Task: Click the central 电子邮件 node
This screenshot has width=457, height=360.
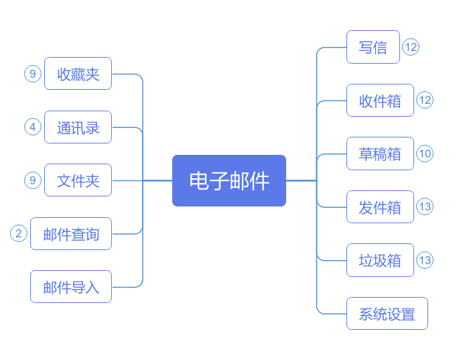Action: point(229,181)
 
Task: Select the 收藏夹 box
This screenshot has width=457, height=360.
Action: point(78,74)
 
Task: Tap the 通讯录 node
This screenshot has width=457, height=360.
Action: point(78,127)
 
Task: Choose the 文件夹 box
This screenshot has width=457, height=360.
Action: point(78,180)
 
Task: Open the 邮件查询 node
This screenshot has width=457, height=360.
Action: point(71,234)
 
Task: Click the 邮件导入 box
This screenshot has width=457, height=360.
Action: point(71,287)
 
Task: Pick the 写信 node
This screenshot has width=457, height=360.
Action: point(373,47)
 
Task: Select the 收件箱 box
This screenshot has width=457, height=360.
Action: point(380,101)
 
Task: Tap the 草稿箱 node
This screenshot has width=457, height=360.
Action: point(380,154)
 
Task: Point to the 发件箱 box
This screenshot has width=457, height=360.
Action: point(380,207)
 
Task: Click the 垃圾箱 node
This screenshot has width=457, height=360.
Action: point(380,260)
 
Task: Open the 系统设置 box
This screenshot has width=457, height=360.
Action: point(387,314)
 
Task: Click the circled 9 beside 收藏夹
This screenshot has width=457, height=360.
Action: point(33,74)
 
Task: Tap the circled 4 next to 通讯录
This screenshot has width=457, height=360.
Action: point(33,127)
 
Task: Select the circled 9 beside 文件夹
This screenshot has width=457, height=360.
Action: point(33,180)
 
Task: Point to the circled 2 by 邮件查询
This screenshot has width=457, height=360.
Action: point(19,233)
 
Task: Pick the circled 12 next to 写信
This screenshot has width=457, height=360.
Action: point(411,47)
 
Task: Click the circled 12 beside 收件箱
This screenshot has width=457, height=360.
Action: point(425,100)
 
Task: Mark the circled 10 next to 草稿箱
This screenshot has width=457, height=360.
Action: point(425,154)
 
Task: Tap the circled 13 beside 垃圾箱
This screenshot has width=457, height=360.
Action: point(425,260)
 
